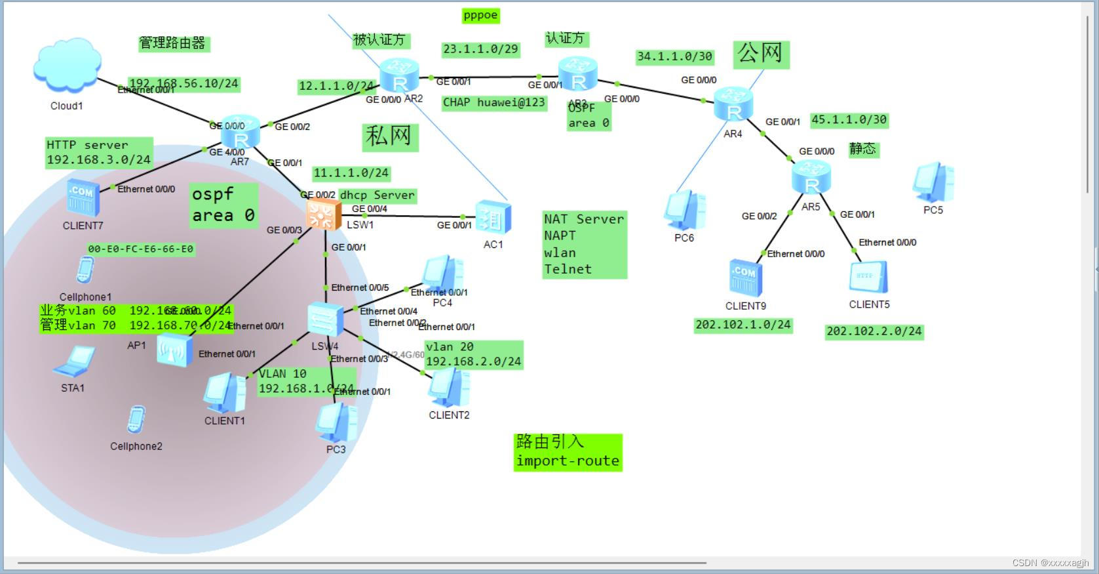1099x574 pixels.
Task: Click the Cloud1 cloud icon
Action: (67, 65)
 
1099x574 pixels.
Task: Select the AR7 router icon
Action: (241, 133)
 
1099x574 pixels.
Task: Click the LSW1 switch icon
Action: (324, 214)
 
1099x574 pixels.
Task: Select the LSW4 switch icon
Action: (326, 319)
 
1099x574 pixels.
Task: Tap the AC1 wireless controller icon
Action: (493, 218)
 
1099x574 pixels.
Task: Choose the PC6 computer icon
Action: (684, 211)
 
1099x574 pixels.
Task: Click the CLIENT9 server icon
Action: (746, 278)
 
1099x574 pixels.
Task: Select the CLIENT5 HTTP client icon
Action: (869, 277)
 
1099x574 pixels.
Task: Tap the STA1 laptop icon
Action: (73, 361)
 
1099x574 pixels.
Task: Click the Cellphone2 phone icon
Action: (136, 420)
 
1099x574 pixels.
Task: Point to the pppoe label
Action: (480, 15)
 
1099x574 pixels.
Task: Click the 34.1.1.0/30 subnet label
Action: (674, 56)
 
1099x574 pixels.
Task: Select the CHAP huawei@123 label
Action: (493, 102)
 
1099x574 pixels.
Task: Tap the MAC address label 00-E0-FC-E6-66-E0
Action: (141, 249)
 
